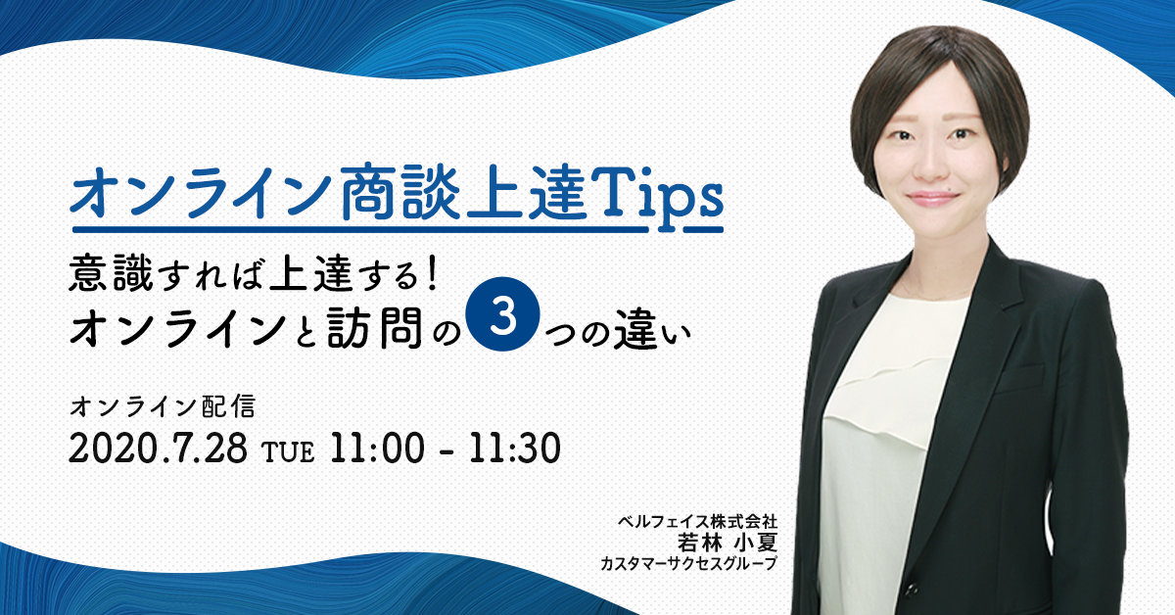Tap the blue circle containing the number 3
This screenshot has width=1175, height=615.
click(503, 313)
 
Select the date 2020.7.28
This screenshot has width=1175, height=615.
click(158, 449)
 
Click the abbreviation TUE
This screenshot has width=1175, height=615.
click(289, 452)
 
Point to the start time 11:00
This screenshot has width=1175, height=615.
click(377, 449)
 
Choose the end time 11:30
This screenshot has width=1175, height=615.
click(515, 449)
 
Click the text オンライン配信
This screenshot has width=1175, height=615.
click(163, 406)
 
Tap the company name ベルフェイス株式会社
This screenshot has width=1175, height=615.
click(697, 522)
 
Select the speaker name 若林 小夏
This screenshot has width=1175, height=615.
click(727, 543)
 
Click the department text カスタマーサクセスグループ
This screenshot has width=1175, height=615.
click(688, 563)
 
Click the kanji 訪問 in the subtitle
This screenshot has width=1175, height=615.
click(374, 327)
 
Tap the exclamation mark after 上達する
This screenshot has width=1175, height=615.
click(432, 272)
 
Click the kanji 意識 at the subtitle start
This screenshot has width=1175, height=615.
click(111, 272)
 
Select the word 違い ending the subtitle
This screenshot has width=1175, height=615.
click(652, 331)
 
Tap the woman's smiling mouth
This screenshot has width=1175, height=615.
click(933, 199)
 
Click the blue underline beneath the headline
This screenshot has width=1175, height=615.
click(398, 229)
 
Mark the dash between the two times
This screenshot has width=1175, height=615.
click(446, 451)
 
